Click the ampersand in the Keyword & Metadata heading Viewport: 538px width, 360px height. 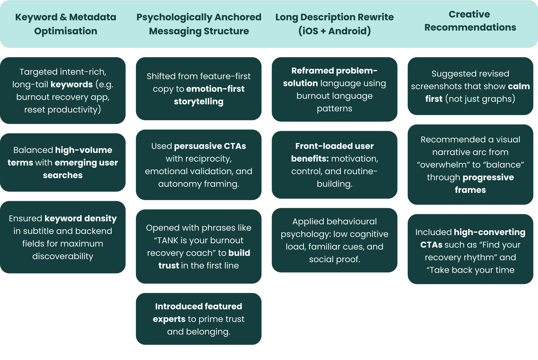click(63, 17)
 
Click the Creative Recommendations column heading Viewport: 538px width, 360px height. click(470, 21)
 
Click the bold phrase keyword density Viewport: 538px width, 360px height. click(81, 219)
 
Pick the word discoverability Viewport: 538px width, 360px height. click(63, 256)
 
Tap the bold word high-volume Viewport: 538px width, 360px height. click(84, 150)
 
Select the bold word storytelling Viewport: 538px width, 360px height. click(199, 102)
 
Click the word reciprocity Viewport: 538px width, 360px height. click(199, 159)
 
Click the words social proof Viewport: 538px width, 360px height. click(335, 259)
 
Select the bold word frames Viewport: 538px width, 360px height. click(470, 190)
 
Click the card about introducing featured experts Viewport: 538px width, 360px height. click(199, 319)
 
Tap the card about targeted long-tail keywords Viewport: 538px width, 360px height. click(63, 90)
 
